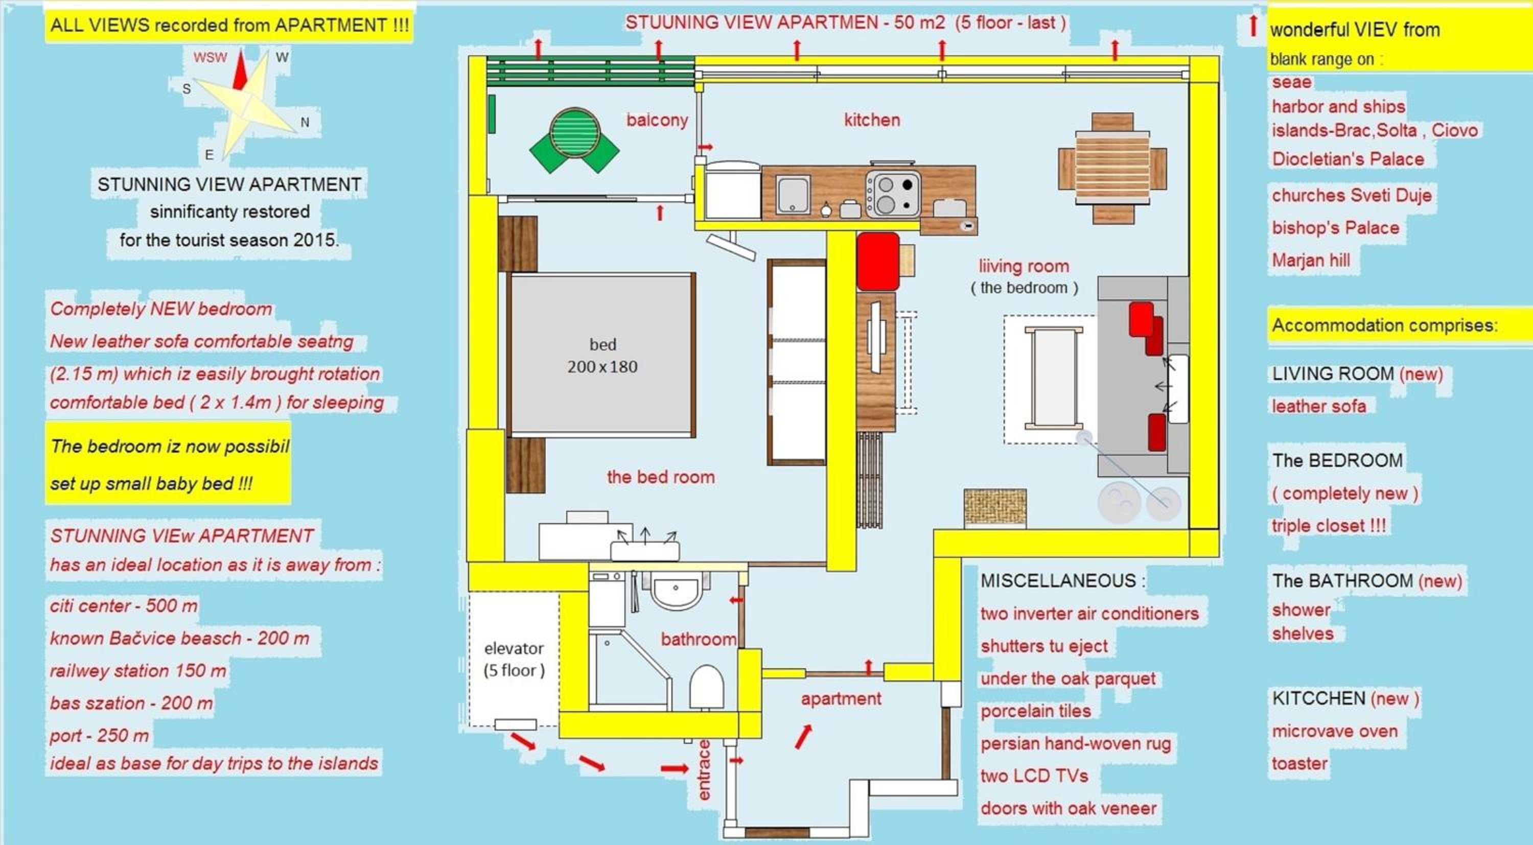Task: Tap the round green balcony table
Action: (574, 132)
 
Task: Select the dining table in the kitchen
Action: (1112, 168)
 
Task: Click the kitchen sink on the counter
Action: (793, 194)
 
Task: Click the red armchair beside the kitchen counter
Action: (878, 261)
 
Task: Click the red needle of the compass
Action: (240, 70)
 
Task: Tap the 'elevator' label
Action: (514, 648)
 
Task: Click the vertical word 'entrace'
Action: (704, 770)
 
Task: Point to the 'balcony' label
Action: (657, 120)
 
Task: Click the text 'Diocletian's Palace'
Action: (1348, 159)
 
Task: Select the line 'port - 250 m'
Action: (99, 736)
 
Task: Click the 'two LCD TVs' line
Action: (1034, 776)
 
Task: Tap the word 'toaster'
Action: (1299, 763)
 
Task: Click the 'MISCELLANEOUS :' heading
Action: (1063, 581)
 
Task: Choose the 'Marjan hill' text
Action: (1311, 260)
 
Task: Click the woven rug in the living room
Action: (995, 508)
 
